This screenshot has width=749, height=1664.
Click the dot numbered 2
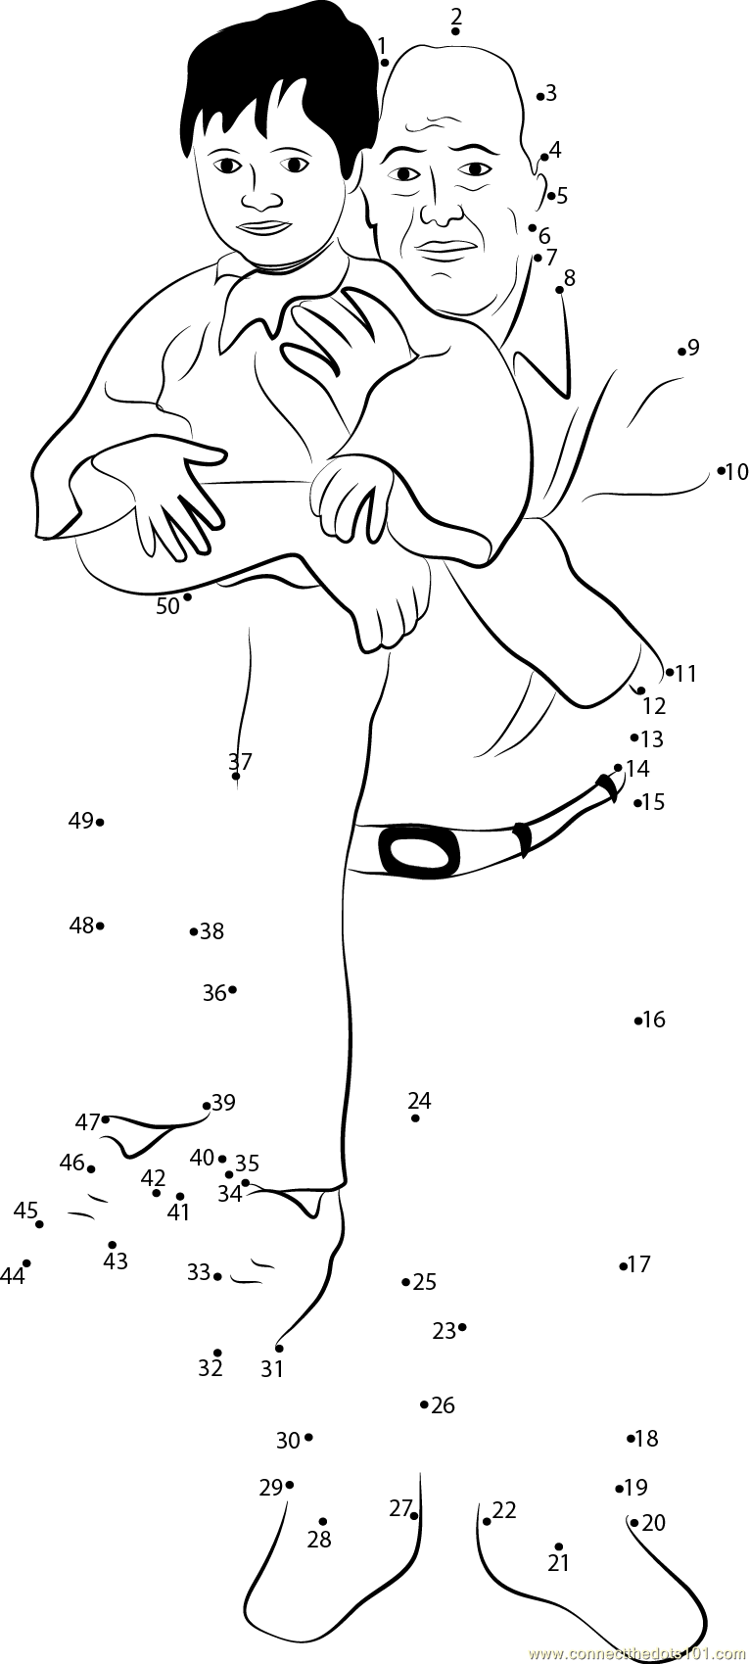tap(456, 31)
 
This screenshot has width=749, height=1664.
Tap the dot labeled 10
tap(722, 471)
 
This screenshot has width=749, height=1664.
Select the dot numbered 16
tap(637, 1021)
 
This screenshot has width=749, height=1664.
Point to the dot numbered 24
tap(415, 1117)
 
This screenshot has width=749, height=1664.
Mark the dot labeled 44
tap(26, 1263)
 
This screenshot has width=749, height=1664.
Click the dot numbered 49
tap(100, 822)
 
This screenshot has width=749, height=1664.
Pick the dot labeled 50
tap(187, 596)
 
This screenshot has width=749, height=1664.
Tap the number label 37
tap(240, 761)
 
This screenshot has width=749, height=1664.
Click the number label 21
tap(558, 1563)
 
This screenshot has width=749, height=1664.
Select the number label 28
tap(319, 1540)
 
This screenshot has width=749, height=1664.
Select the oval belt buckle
tap(419, 852)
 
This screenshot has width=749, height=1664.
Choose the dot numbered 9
tap(681, 351)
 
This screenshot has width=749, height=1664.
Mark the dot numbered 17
tap(623, 1266)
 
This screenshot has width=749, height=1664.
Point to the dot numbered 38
tap(194, 931)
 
